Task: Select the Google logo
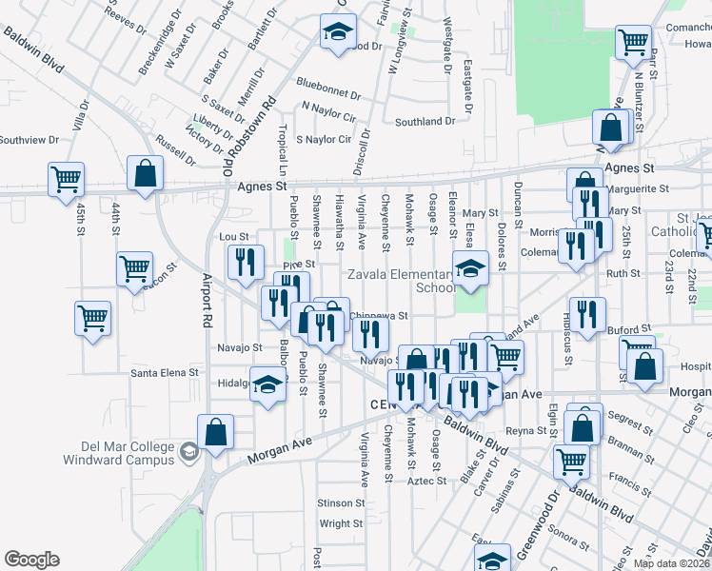[x=31, y=560]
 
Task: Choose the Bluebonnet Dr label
[x=328, y=95]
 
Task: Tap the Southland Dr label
[x=425, y=122]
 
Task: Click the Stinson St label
[x=341, y=502]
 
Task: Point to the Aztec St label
[x=428, y=481]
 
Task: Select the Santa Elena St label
[x=165, y=372]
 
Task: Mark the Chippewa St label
[x=378, y=315]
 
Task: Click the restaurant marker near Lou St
[x=246, y=262]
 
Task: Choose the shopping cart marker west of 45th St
[x=67, y=178]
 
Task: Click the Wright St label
[x=341, y=523]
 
